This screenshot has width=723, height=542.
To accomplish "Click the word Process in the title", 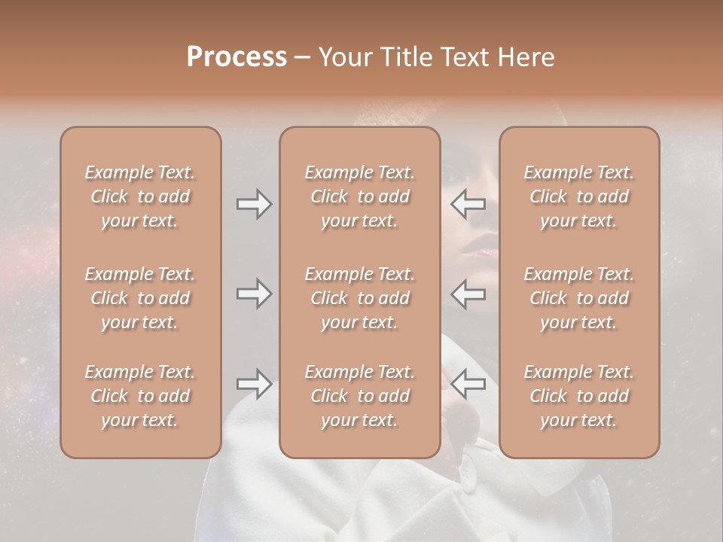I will pos(236,57).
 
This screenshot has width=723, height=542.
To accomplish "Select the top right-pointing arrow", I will pos(254,203).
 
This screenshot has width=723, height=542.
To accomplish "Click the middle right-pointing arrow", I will pos(254,293).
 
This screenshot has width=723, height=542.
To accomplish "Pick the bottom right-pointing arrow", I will pos(254,384).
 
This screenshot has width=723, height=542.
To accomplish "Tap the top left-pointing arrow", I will pos(468,203).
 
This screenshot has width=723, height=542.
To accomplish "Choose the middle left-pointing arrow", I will pos(468,293).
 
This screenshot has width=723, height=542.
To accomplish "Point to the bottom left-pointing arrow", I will pos(468,384).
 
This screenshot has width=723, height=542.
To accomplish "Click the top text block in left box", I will pos(140,196).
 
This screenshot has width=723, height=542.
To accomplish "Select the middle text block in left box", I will pos(140,298).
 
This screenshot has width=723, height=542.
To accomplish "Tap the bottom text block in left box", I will pos(140,396).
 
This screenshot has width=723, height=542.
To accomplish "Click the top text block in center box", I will pos(359,196).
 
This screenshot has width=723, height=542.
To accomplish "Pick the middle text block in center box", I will pos(359,298).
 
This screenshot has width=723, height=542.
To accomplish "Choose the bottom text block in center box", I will pos(359,396).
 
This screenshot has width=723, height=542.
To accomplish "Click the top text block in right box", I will pos(578,196).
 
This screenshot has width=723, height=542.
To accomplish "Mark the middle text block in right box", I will pos(578,298).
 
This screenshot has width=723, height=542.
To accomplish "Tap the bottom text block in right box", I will pos(578,396).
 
